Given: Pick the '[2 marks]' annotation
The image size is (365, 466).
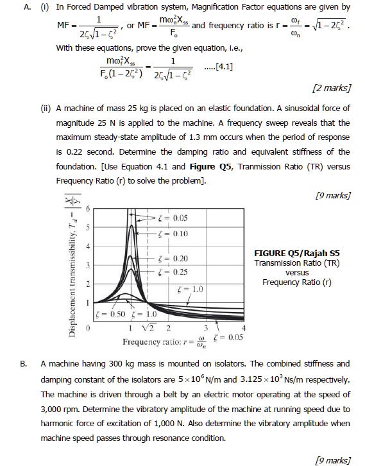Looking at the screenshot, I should (x=330, y=87).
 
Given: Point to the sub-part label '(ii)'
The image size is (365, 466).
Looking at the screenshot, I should (x=46, y=106).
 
